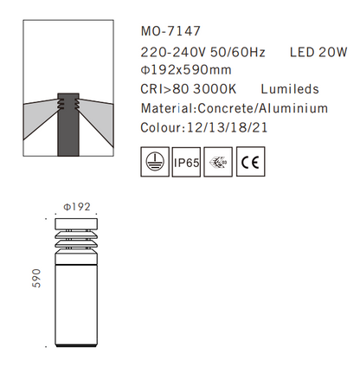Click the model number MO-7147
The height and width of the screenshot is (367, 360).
click(163, 30)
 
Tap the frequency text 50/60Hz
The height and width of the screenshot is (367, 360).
click(237, 52)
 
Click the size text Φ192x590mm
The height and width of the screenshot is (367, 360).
click(185, 70)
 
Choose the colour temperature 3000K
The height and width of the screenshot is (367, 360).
click(218, 89)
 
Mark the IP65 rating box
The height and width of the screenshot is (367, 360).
click(188, 162)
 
